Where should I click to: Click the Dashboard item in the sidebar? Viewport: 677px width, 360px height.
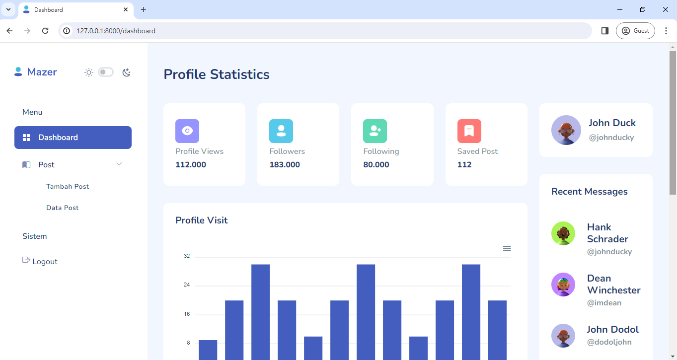coord(73,138)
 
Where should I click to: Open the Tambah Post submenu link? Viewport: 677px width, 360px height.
coord(68,187)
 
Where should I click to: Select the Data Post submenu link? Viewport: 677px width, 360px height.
coord(63,208)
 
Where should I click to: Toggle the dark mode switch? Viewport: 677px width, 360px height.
coord(106,72)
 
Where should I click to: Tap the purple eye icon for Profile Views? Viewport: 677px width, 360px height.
coord(187,131)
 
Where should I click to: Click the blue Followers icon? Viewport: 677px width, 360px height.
coord(281,131)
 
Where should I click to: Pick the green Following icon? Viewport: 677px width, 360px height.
coord(375,131)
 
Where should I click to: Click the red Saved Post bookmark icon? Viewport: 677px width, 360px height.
coord(469,131)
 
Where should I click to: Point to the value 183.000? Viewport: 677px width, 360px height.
coord(285,165)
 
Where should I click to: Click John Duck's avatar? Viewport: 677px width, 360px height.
coord(566,130)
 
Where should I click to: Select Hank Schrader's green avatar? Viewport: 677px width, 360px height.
coord(563,233)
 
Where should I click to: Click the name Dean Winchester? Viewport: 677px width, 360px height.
coord(613,284)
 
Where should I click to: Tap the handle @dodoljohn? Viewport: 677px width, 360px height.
coord(609,342)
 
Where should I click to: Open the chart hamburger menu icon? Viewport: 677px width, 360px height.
coord(507,249)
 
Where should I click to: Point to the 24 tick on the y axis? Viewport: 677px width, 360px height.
coord(187,285)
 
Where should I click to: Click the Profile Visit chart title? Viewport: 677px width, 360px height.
coord(201,220)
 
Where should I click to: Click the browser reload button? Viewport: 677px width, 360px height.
coord(45,31)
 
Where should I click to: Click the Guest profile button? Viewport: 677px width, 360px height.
coord(635,31)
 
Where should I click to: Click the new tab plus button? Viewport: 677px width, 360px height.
coord(144,9)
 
